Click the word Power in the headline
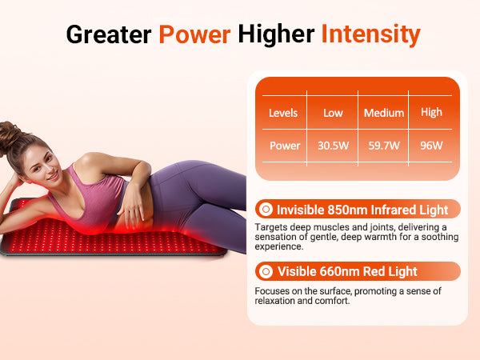pos(194,34)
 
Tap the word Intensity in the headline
pos(371,34)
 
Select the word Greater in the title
pos(109,34)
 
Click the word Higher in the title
pos(276,34)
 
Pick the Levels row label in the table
pos(283,113)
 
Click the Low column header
pos(333,113)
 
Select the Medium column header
pos(384,113)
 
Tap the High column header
pos(431,113)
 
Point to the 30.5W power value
pos(333,146)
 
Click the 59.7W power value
pos(384,146)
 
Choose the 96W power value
pos(431,146)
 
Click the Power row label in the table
pos(285,146)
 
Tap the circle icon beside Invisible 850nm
pos(266,210)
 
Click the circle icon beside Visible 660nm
pos(266,271)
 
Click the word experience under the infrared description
pos(278,246)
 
